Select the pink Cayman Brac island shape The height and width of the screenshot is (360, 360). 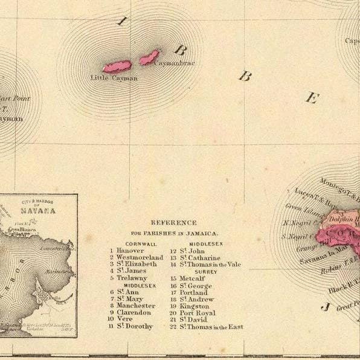149,58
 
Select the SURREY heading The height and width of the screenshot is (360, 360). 206,272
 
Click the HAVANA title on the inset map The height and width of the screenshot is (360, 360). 37,211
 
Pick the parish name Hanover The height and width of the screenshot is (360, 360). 130,250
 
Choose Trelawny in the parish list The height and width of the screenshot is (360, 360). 132,278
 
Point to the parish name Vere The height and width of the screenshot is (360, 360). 125,319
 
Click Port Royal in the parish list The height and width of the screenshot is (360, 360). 197,313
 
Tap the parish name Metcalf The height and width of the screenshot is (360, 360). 193,278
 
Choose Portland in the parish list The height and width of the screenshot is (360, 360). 193,292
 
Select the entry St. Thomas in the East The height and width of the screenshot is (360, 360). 211,327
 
